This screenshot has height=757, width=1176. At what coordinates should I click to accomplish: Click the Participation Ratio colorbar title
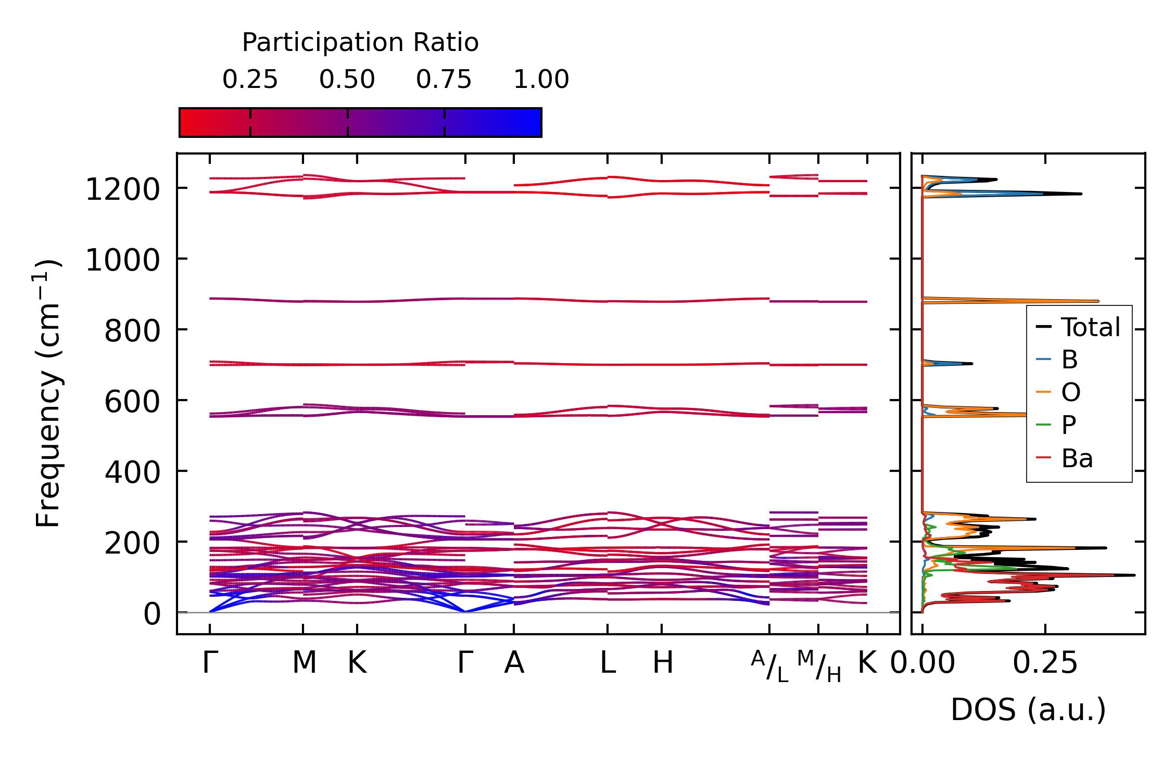coord(360,42)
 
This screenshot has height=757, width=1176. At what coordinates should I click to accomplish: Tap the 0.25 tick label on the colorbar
coord(250,80)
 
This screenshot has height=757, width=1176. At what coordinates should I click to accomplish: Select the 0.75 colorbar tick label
coord(444,80)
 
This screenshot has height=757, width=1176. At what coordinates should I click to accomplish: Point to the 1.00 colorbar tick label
coord(541,80)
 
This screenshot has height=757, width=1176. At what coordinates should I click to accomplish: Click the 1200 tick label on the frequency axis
coord(122,189)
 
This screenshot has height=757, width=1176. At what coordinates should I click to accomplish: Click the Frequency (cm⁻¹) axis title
coord(48,393)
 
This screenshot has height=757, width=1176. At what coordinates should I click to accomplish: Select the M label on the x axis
coord(304,663)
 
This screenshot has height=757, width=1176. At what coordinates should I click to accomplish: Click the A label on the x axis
coord(514,663)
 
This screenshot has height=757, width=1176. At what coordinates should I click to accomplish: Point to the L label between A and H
coord(608,663)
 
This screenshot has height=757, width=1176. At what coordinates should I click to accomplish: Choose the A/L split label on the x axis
coord(769,666)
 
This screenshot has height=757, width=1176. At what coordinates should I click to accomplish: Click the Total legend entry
coord(1090,327)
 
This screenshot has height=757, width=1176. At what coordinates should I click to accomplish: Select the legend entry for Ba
coord(1077,458)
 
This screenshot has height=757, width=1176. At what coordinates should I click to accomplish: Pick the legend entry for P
coord(1068,425)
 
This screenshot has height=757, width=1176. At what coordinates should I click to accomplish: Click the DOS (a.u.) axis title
coord(1028,710)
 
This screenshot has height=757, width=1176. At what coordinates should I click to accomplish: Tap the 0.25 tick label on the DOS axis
coord(1045,663)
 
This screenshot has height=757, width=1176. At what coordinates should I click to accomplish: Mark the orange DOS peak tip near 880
coord(1097,301)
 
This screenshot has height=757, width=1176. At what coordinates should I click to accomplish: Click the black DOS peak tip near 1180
coord(1081,194)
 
